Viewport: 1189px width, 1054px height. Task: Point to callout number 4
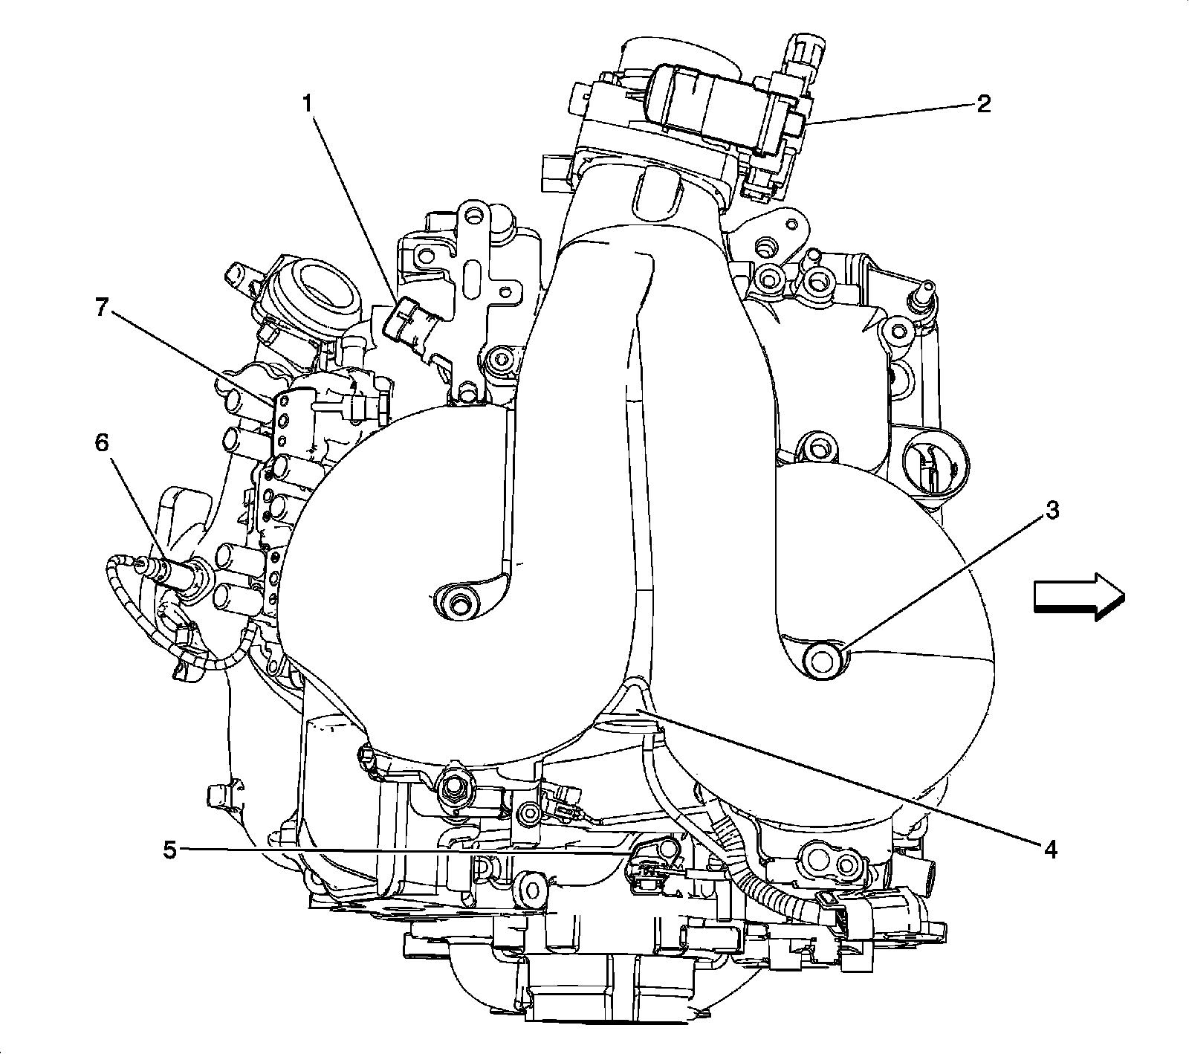(x=1050, y=848)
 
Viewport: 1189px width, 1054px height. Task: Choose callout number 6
(x=101, y=444)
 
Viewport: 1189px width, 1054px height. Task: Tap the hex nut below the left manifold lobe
(x=452, y=787)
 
